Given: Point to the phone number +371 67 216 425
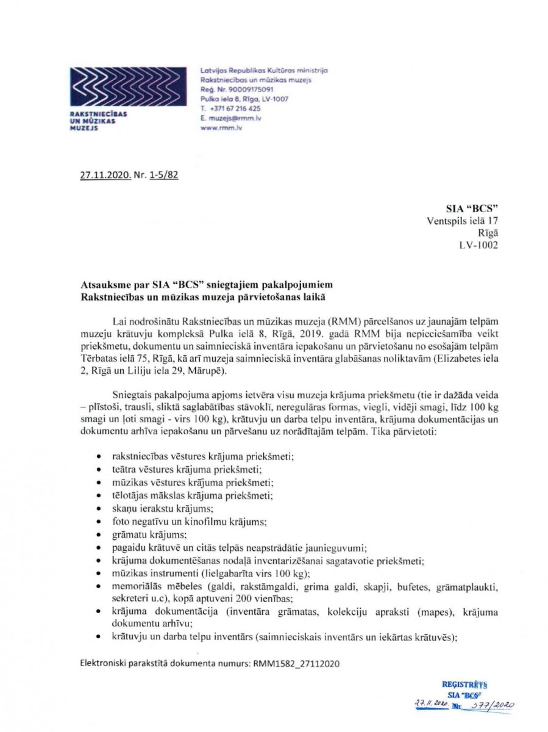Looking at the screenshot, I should [x=233, y=108].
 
